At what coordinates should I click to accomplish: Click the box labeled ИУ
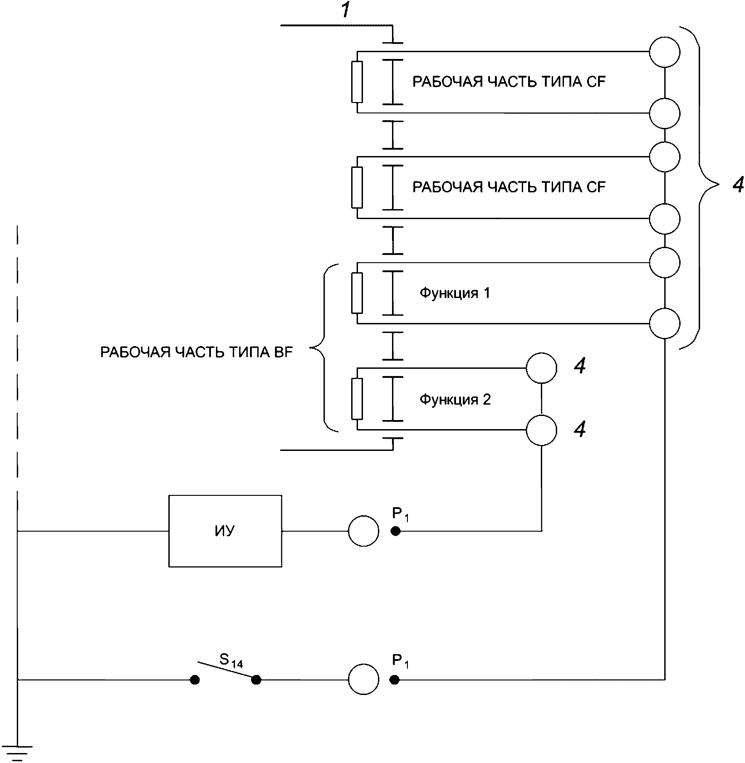click(x=225, y=531)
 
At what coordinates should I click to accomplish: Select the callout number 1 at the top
click(x=347, y=10)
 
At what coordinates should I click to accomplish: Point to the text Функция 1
click(x=455, y=293)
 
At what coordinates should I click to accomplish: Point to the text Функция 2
click(x=455, y=400)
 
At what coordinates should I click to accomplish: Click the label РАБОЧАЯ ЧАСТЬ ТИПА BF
click(x=196, y=352)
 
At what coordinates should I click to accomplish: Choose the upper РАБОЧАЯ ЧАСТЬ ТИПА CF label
click(x=509, y=82)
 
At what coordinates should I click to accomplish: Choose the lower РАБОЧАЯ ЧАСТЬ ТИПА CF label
click(x=509, y=187)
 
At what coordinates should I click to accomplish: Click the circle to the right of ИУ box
click(x=363, y=531)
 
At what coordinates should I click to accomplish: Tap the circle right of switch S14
click(x=363, y=680)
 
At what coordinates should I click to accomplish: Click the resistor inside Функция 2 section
click(x=357, y=399)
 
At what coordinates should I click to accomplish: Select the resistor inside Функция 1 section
click(x=357, y=293)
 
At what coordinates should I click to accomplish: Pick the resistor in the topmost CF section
click(x=357, y=82)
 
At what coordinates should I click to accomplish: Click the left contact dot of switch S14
click(x=195, y=680)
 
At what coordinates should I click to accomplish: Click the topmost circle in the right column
click(x=664, y=52)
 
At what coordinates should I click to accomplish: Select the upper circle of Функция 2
click(x=541, y=368)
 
